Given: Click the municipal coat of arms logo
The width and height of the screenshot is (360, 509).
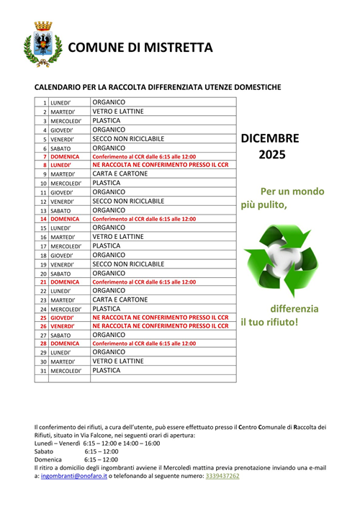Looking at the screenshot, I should [39, 45].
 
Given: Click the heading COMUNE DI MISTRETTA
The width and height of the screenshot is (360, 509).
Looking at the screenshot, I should [141, 48].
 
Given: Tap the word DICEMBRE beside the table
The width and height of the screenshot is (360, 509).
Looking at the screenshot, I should [270, 138].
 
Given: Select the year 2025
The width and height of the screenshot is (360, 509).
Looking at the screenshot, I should [272, 154].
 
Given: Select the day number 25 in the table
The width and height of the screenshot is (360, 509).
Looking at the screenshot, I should [43, 317].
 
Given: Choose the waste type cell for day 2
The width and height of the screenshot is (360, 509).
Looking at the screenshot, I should [118, 112].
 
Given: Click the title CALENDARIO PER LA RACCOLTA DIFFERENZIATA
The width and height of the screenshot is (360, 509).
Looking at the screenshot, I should [158, 87].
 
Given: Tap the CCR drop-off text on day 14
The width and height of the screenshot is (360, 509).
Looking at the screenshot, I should [144, 218].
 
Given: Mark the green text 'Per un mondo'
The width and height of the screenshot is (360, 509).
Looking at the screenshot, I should [292, 192].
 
